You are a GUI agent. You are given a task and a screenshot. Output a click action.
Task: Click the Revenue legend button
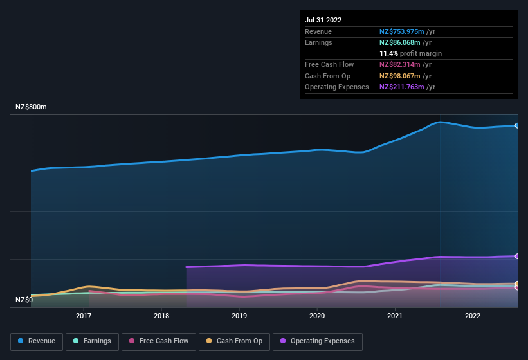[x=37, y=341]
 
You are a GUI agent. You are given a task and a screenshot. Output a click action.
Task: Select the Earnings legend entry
[x=92, y=341]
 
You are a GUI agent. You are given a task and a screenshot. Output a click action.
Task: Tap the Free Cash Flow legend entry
[x=159, y=341]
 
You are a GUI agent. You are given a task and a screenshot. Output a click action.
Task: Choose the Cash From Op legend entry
[x=234, y=341]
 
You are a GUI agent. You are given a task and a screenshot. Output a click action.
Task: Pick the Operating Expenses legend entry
[x=318, y=341]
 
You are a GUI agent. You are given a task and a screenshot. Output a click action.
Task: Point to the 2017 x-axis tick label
[x=84, y=316]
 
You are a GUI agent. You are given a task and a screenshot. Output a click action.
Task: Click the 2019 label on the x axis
[x=239, y=316]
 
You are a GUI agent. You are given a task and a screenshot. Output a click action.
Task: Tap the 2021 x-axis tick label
[x=395, y=316]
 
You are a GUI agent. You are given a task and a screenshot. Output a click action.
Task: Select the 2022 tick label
[x=473, y=316]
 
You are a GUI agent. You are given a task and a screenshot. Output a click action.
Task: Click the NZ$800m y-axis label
[x=31, y=107]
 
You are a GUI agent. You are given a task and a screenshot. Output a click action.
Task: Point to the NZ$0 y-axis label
[x=24, y=300]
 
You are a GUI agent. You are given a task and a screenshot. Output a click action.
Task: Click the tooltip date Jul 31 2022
[x=323, y=20]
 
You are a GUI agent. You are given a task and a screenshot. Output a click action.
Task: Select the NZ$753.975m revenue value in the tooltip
[x=402, y=32]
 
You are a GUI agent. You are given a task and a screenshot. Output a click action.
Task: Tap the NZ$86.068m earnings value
[x=400, y=42]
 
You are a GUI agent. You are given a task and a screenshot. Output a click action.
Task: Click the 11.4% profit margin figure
[x=388, y=53]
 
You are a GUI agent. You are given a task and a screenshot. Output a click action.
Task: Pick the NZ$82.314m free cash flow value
[x=400, y=64]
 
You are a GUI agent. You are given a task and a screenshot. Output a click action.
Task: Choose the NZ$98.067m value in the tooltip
[x=400, y=76]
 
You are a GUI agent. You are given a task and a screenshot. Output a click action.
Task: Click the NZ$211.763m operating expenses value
[x=402, y=87]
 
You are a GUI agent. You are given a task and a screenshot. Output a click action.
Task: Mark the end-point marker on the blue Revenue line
[x=517, y=125]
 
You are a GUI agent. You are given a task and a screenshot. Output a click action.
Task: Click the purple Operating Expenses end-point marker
[x=517, y=256]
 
